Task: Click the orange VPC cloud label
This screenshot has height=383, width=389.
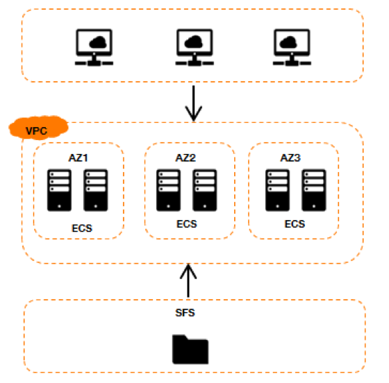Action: (38, 128)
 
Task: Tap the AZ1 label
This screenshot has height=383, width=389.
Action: (78, 158)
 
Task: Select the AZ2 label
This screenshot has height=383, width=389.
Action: (185, 158)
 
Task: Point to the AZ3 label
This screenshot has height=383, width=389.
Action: (290, 158)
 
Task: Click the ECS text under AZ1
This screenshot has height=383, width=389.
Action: (82, 228)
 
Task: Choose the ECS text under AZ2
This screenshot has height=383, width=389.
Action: (187, 224)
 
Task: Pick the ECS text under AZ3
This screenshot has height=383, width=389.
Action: (295, 224)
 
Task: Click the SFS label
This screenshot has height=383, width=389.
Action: (185, 313)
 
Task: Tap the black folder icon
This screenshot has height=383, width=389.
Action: (190, 349)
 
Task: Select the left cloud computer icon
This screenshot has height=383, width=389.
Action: (94, 47)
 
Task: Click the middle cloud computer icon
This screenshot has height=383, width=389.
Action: (194, 47)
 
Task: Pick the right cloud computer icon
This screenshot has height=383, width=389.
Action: (292, 47)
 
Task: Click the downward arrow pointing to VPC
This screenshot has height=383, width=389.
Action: (194, 103)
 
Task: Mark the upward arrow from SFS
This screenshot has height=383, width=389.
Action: (188, 280)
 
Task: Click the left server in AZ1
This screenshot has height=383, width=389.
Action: (59, 190)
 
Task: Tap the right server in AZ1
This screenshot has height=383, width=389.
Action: (96, 190)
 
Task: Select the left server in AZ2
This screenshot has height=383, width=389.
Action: (168, 190)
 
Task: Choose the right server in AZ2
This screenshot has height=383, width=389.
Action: (205, 190)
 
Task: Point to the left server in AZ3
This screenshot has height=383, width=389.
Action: (277, 190)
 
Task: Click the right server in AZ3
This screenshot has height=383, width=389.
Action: (314, 190)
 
